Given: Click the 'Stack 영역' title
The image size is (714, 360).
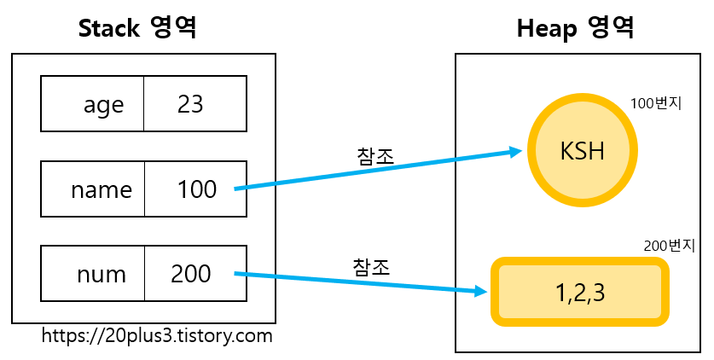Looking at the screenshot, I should pyautogui.click(x=137, y=28).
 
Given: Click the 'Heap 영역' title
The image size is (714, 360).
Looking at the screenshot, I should pyautogui.click(x=575, y=28).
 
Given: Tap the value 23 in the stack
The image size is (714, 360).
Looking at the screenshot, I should pyautogui.click(x=191, y=104).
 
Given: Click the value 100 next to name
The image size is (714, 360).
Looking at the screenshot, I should pyautogui.click(x=196, y=189).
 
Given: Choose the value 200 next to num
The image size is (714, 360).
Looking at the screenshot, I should pyautogui.click(x=191, y=274).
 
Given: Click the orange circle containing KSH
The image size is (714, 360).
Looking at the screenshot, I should pyautogui.click(x=583, y=151).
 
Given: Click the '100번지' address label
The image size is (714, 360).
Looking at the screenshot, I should pyautogui.click(x=656, y=104).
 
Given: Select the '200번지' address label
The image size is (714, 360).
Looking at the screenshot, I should pyautogui.click(x=670, y=246).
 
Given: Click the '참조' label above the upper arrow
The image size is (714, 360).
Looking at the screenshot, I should pyautogui.click(x=374, y=155).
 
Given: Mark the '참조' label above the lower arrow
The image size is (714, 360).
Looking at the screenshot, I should pyautogui.click(x=371, y=265).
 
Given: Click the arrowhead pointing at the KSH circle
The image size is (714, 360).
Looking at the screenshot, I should pyautogui.click(x=515, y=152).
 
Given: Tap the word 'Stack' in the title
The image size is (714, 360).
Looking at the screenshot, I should pyautogui.click(x=108, y=28).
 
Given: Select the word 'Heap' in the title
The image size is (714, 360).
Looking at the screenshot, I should pyautogui.click(x=546, y=28).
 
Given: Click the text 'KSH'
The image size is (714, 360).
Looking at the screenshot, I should pyautogui.click(x=583, y=151).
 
